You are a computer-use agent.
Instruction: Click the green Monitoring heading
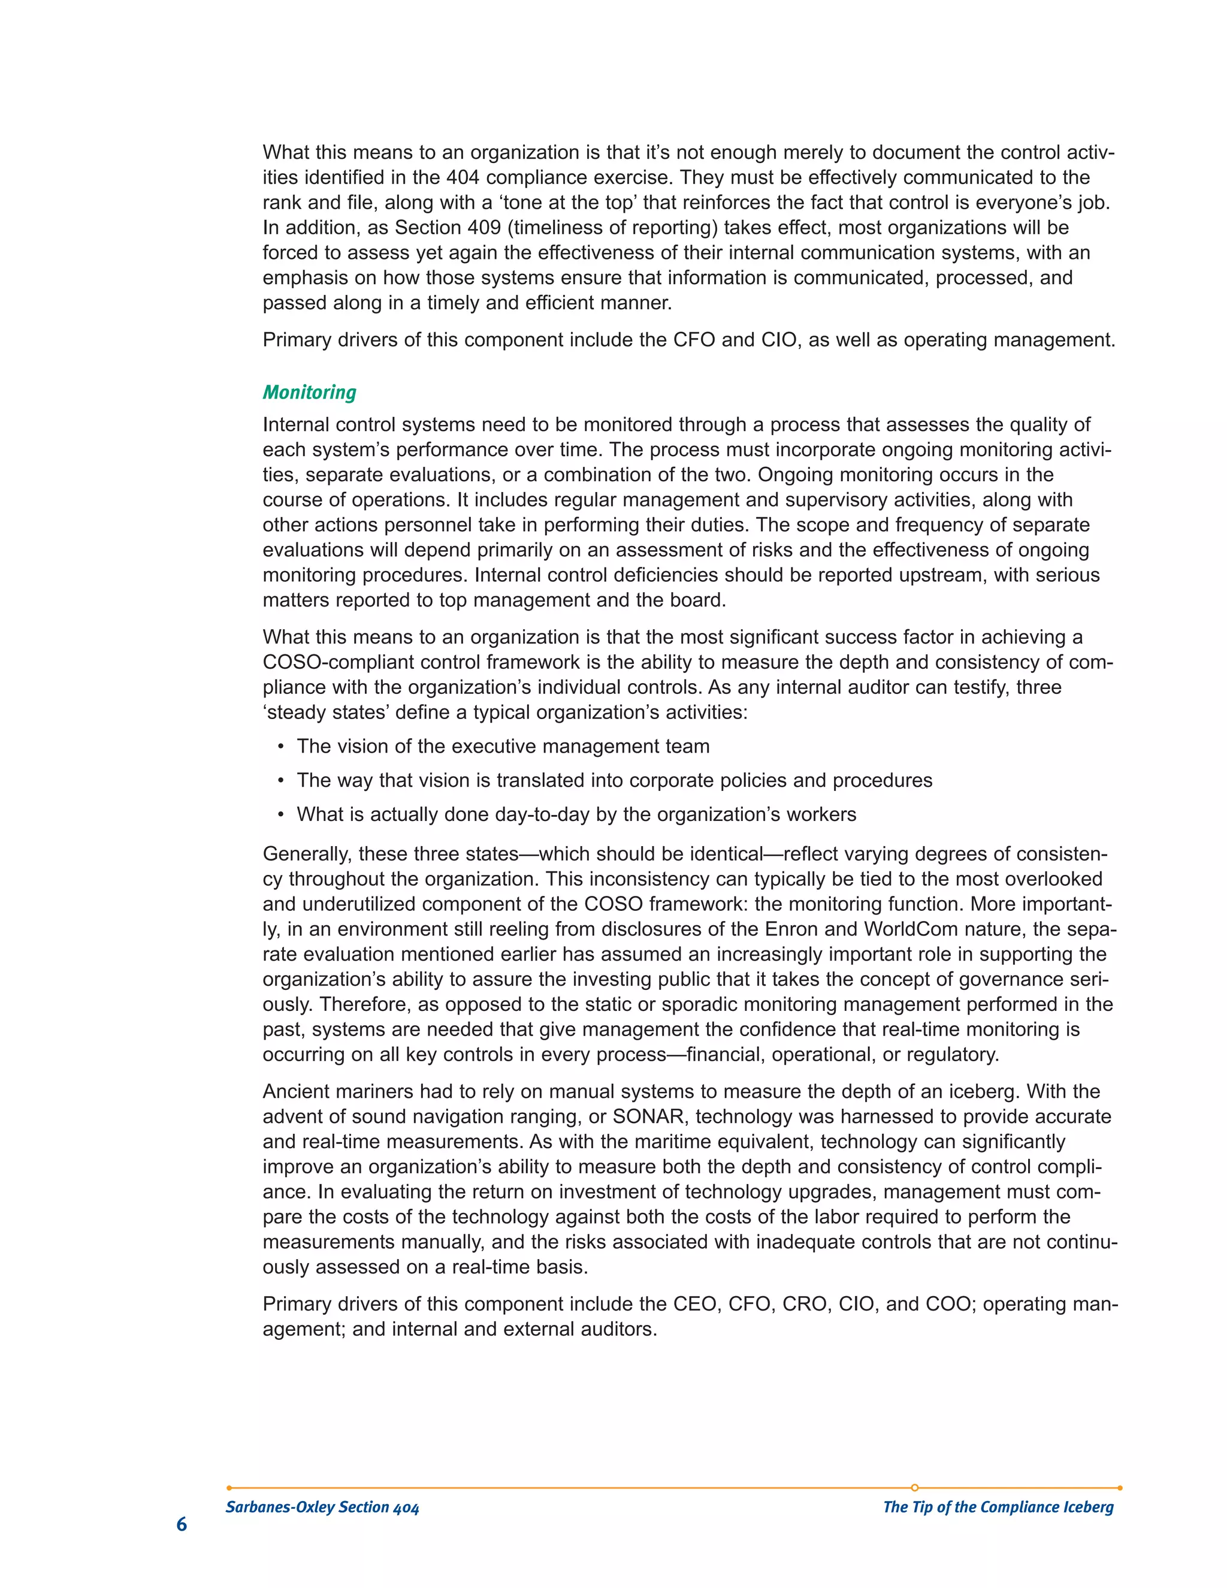coord(309,393)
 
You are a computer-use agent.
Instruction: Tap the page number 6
coord(182,1524)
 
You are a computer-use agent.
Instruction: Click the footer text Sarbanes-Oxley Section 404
coord(322,1507)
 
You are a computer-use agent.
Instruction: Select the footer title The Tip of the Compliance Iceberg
coord(998,1507)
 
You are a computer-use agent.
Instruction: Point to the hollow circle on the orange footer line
coord(914,1488)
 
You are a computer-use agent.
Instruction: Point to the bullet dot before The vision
coord(280,747)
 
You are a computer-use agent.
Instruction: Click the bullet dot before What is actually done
coord(280,815)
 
